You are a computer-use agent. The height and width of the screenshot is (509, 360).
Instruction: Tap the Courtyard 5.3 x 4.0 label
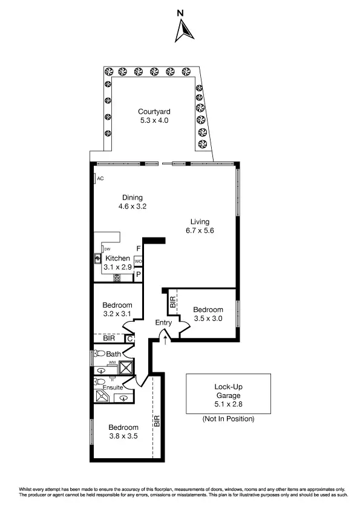(153, 115)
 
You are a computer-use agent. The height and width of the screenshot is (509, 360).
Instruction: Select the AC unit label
(100, 178)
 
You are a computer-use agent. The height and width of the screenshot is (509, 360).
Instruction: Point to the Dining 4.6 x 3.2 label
(133, 202)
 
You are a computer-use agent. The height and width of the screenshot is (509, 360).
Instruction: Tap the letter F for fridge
(138, 248)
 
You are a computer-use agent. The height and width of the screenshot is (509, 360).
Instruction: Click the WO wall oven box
(138, 261)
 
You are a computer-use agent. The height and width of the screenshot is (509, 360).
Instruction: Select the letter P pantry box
(138, 274)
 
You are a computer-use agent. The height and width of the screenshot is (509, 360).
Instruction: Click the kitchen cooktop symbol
(116, 278)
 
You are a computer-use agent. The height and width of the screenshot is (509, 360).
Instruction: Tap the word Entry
(163, 323)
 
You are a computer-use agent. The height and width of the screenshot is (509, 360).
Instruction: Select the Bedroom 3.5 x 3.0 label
(209, 314)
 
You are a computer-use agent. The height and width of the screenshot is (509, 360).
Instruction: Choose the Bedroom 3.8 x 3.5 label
(124, 432)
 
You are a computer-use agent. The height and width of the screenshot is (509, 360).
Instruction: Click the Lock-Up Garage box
(227, 394)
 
